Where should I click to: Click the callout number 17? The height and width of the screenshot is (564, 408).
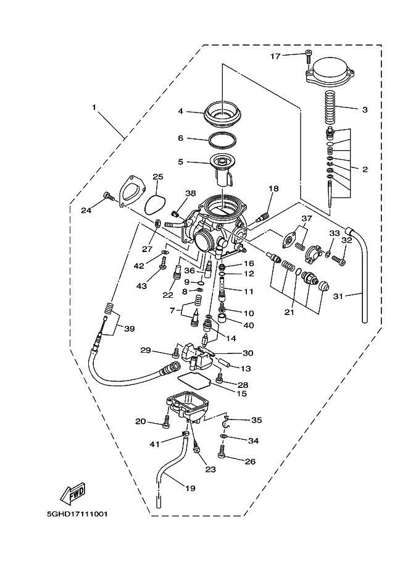[x=276, y=56]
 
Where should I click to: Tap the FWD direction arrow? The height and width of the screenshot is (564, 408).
[x=72, y=492]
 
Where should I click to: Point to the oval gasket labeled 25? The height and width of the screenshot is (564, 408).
[x=157, y=202]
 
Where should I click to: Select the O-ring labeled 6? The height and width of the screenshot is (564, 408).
[x=223, y=140]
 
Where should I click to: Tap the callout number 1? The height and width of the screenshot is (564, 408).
[x=94, y=107]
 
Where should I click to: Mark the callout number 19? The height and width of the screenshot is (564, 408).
[x=189, y=488]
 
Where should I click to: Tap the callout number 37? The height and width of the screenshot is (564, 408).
[x=307, y=219]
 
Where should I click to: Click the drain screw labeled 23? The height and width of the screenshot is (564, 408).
[x=197, y=455]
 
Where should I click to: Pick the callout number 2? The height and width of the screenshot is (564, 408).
[x=365, y=169]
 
